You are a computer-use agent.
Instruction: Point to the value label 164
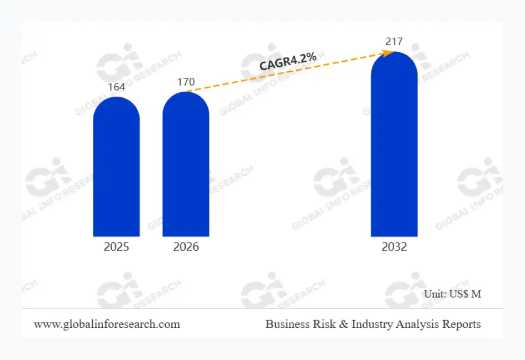point(116,87)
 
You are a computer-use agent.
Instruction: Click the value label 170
point(186,82)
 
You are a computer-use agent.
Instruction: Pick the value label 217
point(394,41)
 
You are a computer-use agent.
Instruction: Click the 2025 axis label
point(116,247)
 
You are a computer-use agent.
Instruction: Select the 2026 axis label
point(186,247)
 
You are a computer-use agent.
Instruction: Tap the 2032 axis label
point(394,247)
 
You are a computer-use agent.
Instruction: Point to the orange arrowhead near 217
point(389,52)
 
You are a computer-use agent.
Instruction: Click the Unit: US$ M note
point(453,294)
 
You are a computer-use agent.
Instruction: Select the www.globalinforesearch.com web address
point(107,324)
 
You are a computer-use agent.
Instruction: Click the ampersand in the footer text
point(343,324)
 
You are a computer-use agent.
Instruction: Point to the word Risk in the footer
point(322,324)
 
